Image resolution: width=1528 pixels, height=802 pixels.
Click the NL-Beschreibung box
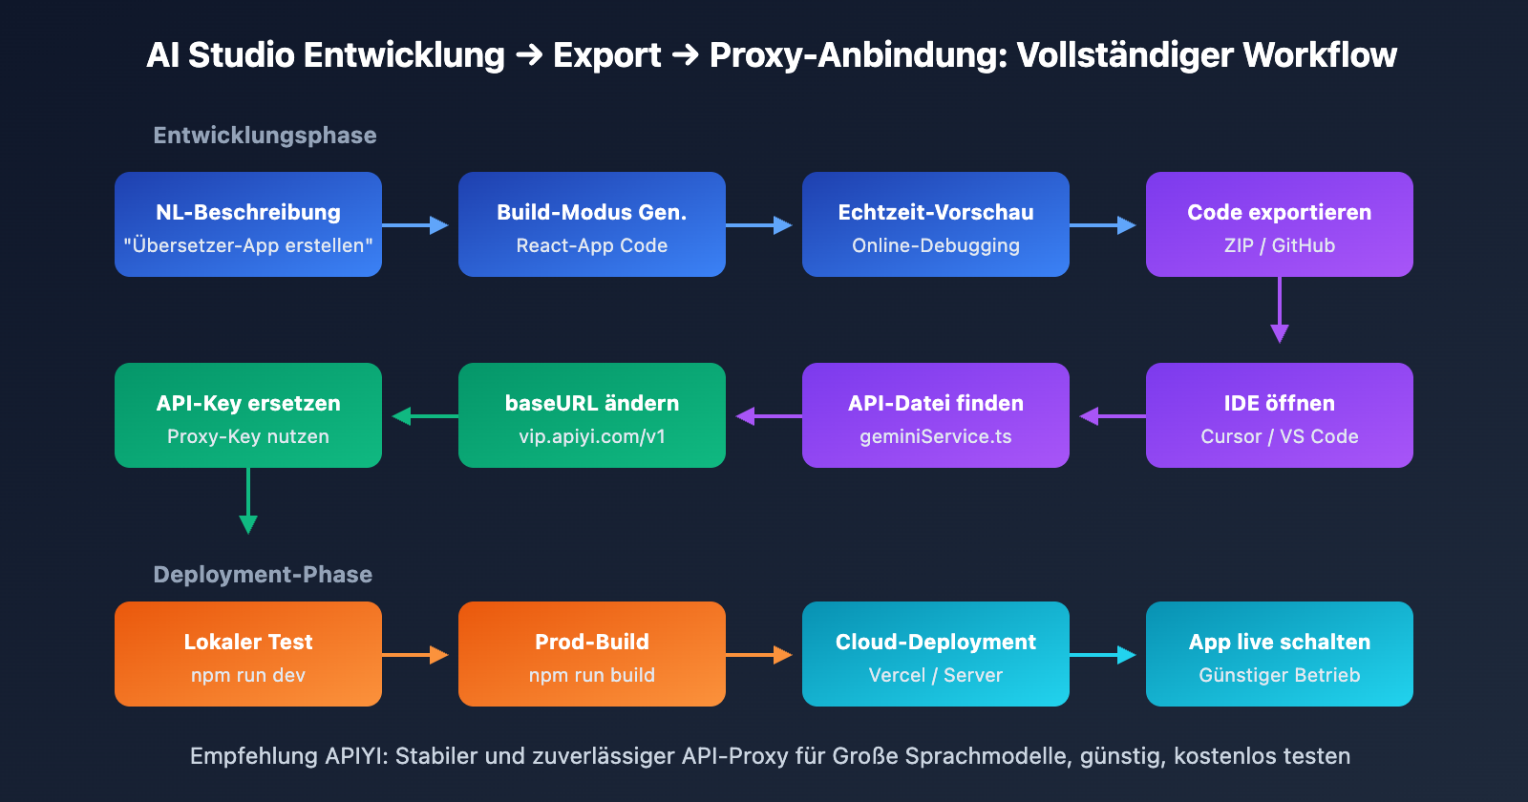point(248,224)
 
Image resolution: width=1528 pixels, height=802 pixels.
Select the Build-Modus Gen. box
point(592,224)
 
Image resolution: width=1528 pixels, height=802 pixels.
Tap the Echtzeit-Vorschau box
point(936,224)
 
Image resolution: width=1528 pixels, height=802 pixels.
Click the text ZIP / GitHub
point(1280,245)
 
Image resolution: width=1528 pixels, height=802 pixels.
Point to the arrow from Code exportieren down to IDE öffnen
point(1280,309)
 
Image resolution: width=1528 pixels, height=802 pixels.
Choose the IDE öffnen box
point(1280,415)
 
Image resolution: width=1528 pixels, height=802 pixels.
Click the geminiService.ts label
point(936,436)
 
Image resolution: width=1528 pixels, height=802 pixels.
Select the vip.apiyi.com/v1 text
point(592,436)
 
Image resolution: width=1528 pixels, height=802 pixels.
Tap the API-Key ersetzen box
point(248,415)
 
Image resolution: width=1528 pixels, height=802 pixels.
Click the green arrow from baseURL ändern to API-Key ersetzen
point(421,416)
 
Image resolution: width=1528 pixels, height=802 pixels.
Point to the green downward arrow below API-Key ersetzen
point(248,500)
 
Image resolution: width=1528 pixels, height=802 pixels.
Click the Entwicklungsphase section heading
point(265,136)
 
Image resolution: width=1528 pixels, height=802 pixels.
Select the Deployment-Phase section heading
point(263,575)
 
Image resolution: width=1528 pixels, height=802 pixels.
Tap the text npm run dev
point(248,675)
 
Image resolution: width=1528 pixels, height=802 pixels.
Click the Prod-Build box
point(592,654)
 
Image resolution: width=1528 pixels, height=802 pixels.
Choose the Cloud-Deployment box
point(936,654)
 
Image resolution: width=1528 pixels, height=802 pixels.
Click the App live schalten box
point(1280,654)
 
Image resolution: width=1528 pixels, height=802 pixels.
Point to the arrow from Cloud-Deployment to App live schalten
point(1103,655)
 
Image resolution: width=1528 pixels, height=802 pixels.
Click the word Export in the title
point(606,55)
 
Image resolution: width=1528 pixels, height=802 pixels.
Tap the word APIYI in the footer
point(353,756)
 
